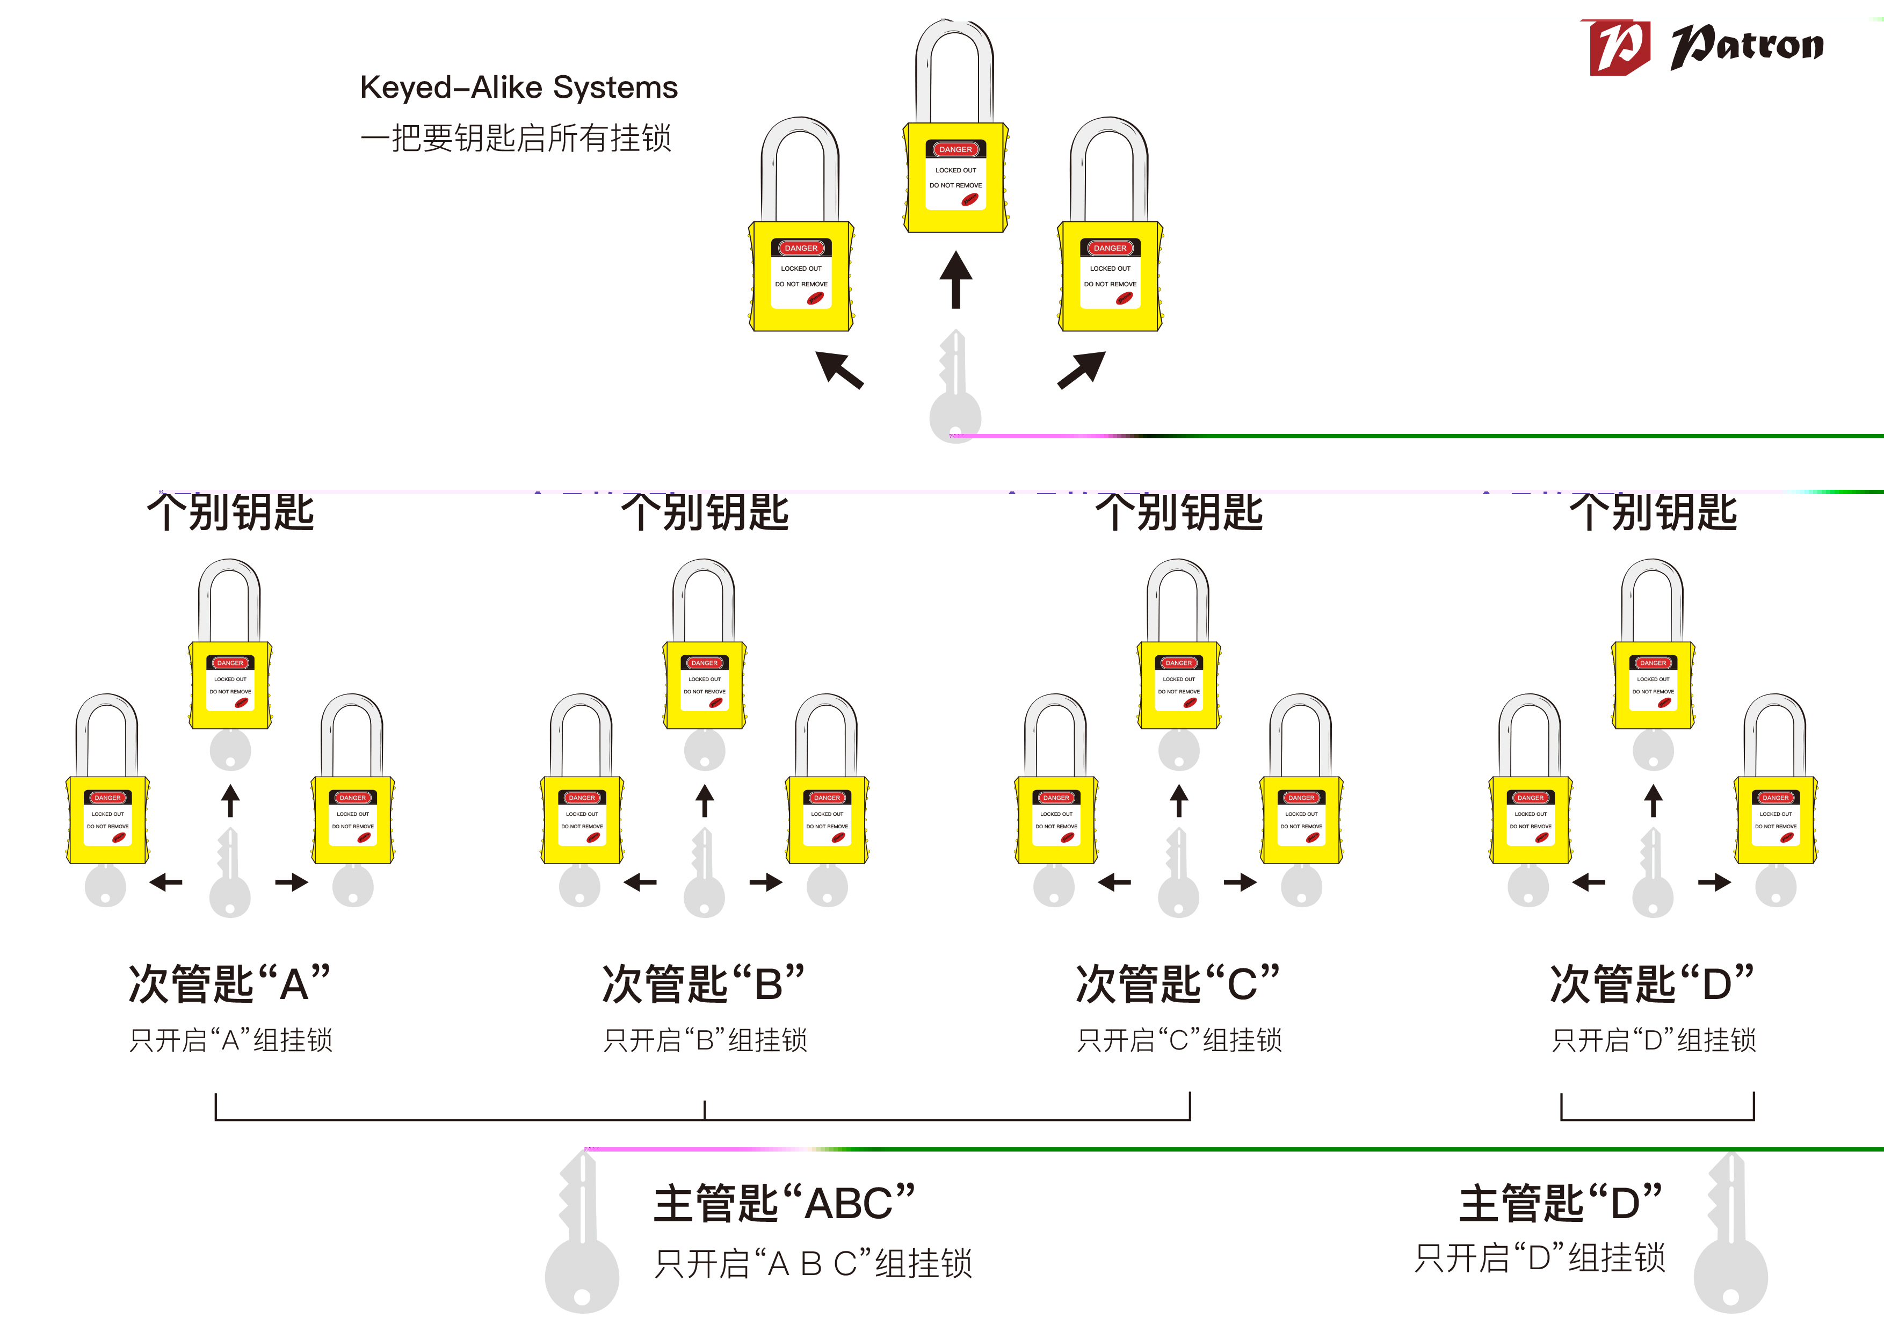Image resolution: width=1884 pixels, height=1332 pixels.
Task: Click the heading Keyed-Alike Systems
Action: tap(519, 87)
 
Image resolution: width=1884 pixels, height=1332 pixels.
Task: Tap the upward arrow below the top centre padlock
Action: tap(955, 280)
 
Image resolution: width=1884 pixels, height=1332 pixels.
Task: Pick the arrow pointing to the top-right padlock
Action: tap(1082, 370)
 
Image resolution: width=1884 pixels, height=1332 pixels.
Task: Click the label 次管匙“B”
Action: tap(703, 983)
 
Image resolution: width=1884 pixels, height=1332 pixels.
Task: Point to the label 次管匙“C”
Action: tap(1177, 983)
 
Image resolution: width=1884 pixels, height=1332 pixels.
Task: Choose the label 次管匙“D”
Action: tap(1652, 983)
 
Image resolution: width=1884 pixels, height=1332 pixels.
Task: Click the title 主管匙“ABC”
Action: tap(784, 1203)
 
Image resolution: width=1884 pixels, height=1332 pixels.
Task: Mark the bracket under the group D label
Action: tap(1657, 1117)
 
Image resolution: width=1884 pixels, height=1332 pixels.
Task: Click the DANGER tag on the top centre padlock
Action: tap(955, 149)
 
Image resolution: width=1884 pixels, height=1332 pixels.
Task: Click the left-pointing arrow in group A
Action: tap(166, 882)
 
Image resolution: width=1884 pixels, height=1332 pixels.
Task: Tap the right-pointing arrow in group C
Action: tap(1240, 882)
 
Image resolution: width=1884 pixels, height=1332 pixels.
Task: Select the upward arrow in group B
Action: tap(704, 801)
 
